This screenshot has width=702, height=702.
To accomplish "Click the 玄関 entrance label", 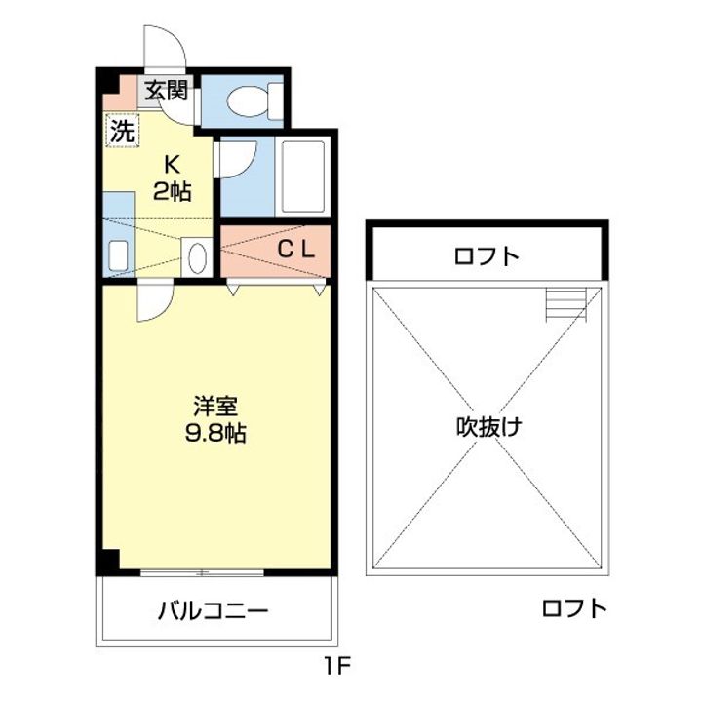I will coord(166,91).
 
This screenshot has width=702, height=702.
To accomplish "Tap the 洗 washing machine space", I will coord(121,131).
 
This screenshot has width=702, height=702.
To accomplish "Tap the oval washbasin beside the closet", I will coord(195,258).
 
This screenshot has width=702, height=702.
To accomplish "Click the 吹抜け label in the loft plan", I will coord(487,426).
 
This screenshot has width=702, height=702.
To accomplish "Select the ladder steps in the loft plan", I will coord(566,305).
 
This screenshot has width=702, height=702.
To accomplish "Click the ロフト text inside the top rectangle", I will coord(486,257).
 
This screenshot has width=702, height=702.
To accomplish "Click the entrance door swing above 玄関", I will coord(162,49).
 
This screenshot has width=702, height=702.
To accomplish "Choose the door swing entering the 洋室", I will coord(154,302).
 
